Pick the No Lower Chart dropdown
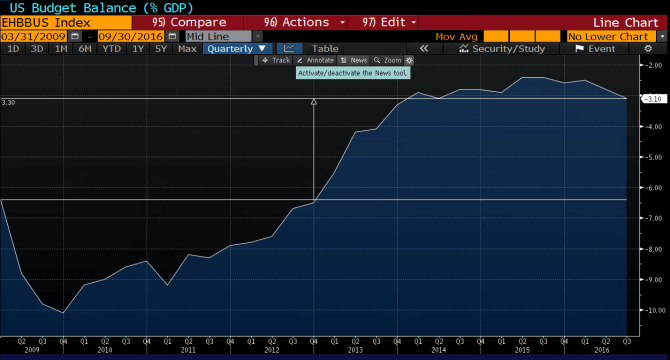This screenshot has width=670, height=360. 610,35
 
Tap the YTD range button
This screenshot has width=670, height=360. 111,48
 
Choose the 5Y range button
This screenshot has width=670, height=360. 161,48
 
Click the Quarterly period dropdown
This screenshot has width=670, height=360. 237,48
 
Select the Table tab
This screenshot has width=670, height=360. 325,48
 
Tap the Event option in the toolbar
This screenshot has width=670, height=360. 601,48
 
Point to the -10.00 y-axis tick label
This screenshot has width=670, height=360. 650,310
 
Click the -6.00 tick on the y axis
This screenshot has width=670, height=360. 650,188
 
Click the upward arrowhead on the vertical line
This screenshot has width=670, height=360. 314,102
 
